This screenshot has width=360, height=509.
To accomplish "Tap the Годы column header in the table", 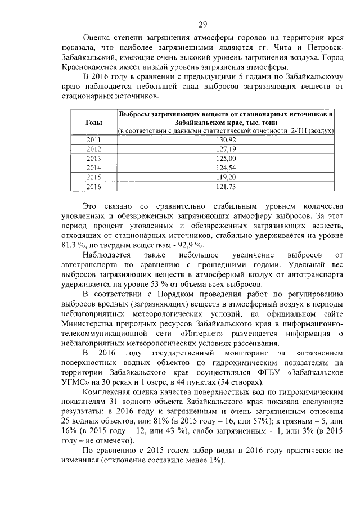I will (x=93, y=122).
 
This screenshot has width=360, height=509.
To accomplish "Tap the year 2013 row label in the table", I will (x=93, y=159).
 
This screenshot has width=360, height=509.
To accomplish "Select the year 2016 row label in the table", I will (x=93, y=187).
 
